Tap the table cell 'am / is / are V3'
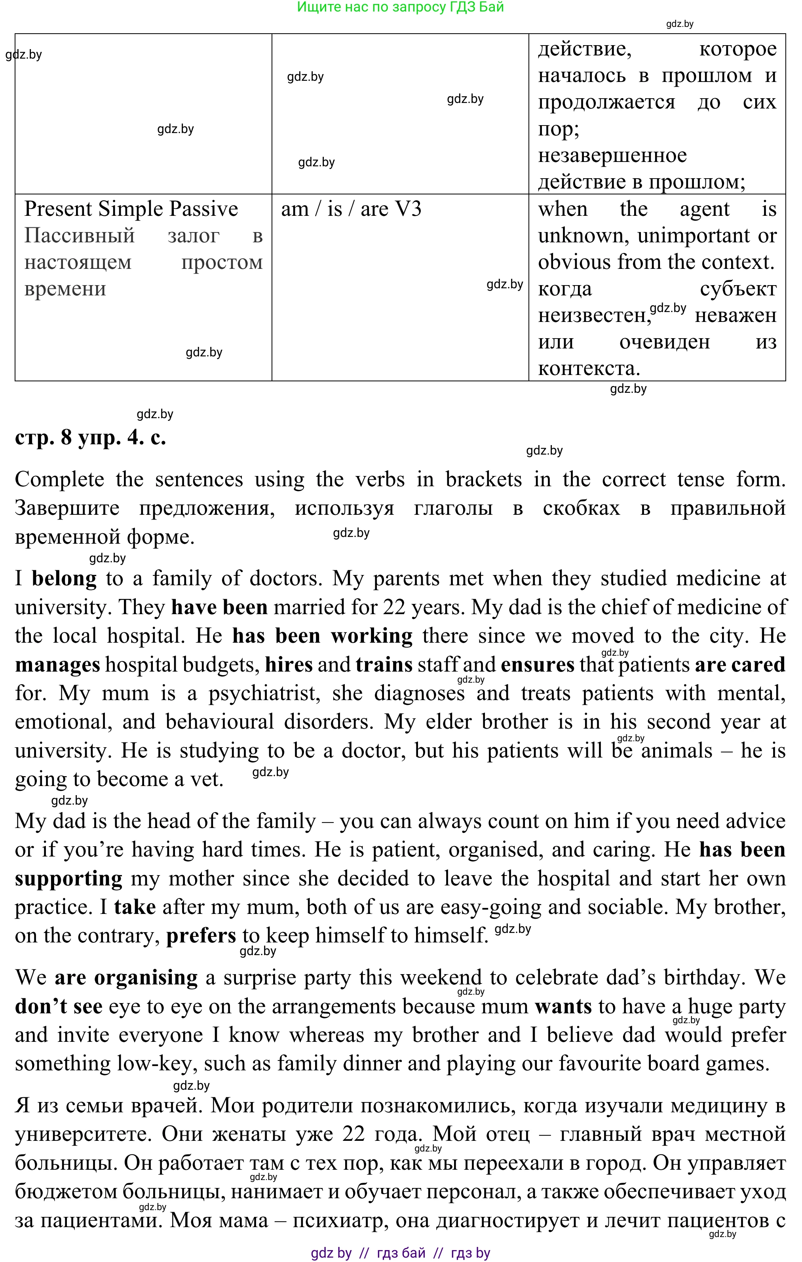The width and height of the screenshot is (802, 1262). [x=351, y=209]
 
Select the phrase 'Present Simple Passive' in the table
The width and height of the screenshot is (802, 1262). [x=131, y=209]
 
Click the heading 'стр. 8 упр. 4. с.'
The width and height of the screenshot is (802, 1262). [x=90, y=437]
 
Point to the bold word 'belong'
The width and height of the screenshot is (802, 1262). [x=64, y=579]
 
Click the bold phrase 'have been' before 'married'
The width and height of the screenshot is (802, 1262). [x=219, y=607]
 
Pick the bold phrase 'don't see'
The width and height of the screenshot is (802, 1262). [x=59, y=1007]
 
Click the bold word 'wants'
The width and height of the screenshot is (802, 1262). [x=563, y=1007]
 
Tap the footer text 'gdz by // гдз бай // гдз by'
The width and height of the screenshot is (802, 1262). [x=400, y=1253]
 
